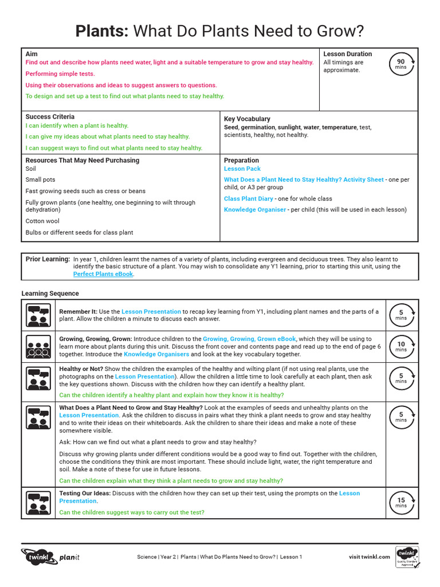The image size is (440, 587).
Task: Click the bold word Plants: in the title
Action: click(102, 31)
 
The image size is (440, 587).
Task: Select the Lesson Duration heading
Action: click(347, 54)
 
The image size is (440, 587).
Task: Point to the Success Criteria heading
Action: click(50, 116)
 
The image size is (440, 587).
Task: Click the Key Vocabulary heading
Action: click(247, 119)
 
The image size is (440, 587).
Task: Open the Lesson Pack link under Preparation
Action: click(242, 169)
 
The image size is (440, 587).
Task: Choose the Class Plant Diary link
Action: click(249, 198)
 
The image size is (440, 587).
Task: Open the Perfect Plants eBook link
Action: click(103, 274)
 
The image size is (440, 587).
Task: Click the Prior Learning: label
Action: click(48, 259)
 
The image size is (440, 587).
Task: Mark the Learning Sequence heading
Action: click(50, 293)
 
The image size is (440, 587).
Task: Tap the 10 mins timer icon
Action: click(401, 346)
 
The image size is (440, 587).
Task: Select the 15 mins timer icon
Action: click(401, 503)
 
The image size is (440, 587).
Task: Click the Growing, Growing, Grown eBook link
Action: click(249, 339)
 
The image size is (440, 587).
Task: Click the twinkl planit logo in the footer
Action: click(50, 556)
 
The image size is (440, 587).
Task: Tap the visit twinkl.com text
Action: click(369, 557)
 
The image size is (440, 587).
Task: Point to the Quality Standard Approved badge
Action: click(407, 556)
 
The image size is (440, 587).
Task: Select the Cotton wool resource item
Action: click(42, 221)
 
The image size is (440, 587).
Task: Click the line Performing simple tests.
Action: click(60, 74)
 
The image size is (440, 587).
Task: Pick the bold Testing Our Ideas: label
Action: click(85, 493)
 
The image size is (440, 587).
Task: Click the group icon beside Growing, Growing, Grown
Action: click(39, 346)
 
